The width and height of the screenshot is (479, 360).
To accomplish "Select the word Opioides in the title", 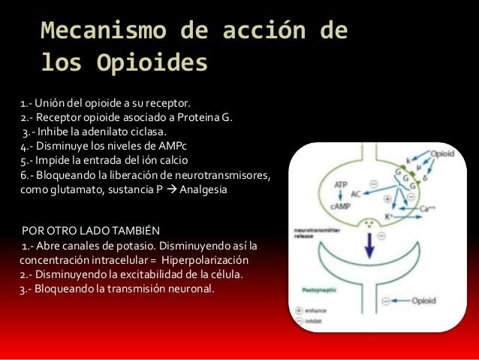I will [150, 65].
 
